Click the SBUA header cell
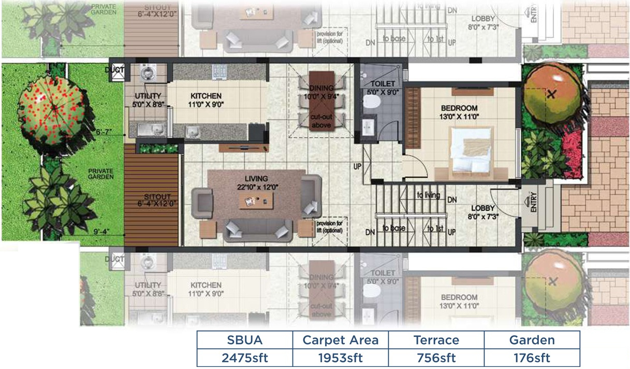tap(245, 340)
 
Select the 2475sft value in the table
tap(245, 358)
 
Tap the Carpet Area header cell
tap(341, 340)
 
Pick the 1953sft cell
tap(341, 358)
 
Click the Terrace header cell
tap(436, 340)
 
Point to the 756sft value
tap(436, 358)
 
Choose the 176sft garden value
tap(532, 358)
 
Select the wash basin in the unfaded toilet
tap(369, 127)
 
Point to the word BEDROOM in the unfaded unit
tap(459, 108)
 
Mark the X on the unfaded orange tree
tap(552, 94)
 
